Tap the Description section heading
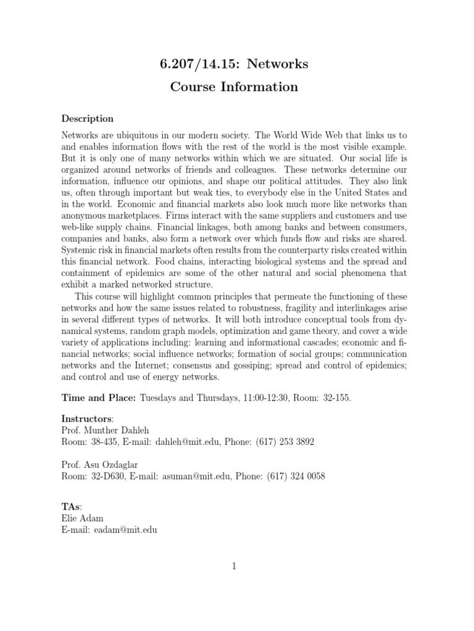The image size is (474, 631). pyautogui.click(x=87, y=118)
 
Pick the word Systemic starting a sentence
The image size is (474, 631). pyautogui.click(x=79, y=251)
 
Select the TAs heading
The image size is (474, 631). pyautogui.click(x=72, y=506)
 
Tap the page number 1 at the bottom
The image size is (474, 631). pyautogui.click(x=235, y=566)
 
